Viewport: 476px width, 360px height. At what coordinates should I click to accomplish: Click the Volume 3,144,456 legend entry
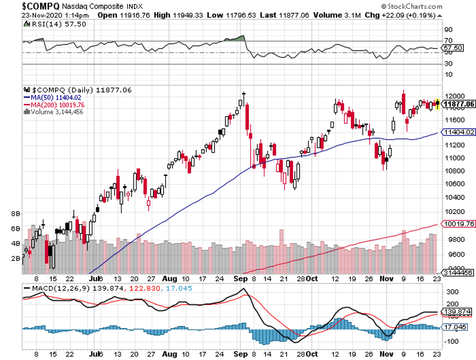point(54,111)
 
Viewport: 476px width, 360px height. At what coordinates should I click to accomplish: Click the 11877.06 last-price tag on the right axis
point(458,103)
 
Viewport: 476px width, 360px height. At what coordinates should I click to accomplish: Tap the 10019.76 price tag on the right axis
point(458,224)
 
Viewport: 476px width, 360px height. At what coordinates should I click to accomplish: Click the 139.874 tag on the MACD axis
point(457,311)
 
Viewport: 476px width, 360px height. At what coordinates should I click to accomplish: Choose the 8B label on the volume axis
point(16,212)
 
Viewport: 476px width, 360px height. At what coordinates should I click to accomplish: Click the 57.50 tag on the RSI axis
point(452,48)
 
